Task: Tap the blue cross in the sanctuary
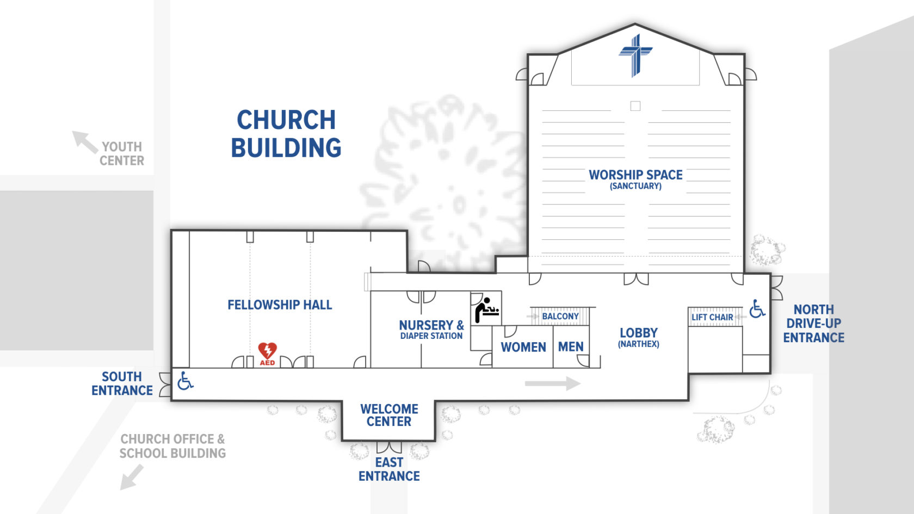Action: pyautogui.click(x=635, y=55)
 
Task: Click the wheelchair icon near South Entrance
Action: pyautogui.click(x=185, y=381)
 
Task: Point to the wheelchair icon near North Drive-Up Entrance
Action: pyautogui.click(x=757, y=309)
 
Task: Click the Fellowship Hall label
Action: pyautogui.click(x=280, y=305)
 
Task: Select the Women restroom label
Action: pyautogui.click(x=523, y=347)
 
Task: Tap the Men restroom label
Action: pyautogui.click(x=571, y=347)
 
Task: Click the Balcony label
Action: pyautogui.click(x=560, y=316)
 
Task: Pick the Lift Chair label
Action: pyautogui.click(x=712, y=317)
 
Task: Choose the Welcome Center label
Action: pyautogui.click(x=390, y=416)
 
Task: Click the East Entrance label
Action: pyautogui.click(x=390, y=469)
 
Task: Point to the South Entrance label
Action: pyautogui.click(x=122, y=383)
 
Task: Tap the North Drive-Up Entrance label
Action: pyautogui.click(x=814, y=324)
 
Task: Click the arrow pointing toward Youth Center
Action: pyautogui.click(x=84, y=141)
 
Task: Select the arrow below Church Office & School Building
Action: pyautogui.click(x=132, y=478)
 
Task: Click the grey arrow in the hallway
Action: pyautogui.click(x=553, y=383)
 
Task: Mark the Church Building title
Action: pyautogui.click(x=286, y=133)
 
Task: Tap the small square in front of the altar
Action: pyautogui.click(x=635, y=106)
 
